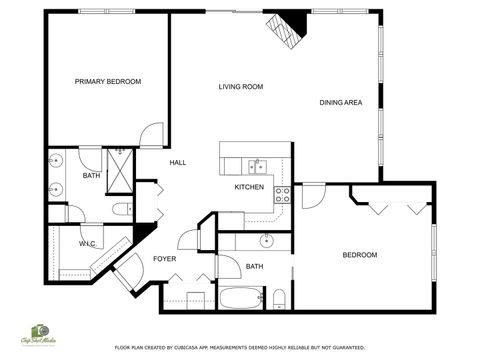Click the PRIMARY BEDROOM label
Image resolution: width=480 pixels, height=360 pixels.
click(108, 81)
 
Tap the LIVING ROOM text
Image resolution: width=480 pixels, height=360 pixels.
click(241, 87)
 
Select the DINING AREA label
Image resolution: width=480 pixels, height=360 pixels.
click(340, 102)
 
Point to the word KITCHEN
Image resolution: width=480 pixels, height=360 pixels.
click(249, 187)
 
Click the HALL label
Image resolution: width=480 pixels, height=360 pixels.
click(178, 162)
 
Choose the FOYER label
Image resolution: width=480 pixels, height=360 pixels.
click(164, 258)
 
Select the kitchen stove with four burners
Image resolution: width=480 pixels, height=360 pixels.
click(283, 194)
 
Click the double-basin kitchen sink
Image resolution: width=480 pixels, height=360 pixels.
click(258, 165)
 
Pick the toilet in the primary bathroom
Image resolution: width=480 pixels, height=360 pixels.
click(121, 209)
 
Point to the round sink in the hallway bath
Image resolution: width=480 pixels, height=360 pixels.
click(267, 241)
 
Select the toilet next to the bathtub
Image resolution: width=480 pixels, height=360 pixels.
click(280, 297)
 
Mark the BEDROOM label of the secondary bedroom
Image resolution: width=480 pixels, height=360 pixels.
click(359, 255)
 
